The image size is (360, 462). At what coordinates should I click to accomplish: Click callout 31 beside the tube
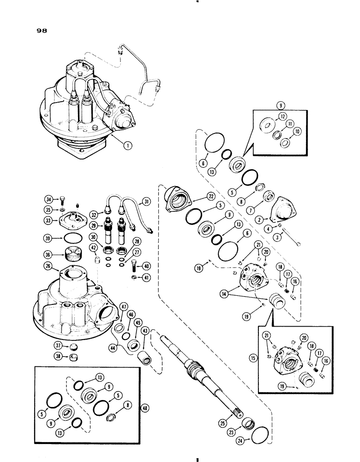(146, 201)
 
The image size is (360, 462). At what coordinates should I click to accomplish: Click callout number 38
(47, 357)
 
